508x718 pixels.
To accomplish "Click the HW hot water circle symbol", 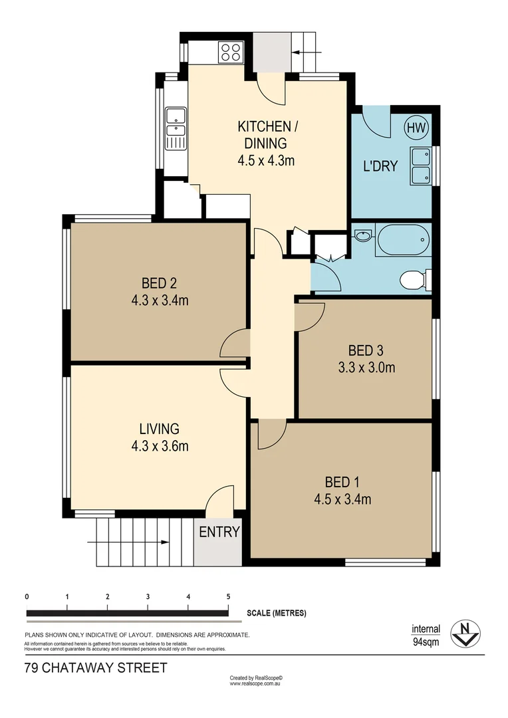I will [417, 127].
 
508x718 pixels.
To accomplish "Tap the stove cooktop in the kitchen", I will [231, 51].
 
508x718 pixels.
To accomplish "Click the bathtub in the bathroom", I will [404, 239].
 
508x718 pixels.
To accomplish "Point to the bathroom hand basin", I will [362, 235].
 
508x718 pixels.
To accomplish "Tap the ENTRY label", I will [219, 532].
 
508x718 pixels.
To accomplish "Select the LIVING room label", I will [159, 429].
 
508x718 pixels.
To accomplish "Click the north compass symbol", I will [465, 634].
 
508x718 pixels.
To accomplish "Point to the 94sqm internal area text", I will [426, 642].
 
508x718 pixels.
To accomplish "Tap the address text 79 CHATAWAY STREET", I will [96, 667].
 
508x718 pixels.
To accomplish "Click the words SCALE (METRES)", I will [276, 613].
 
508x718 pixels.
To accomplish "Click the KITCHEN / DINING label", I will [264, 134].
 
